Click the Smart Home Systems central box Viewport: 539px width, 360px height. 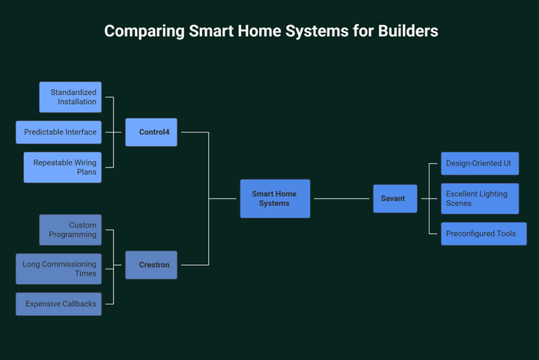click(x=274, y=198)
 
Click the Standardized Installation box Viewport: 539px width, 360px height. click(x=70, y=97)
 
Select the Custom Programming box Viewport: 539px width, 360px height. click(x=70, y=230)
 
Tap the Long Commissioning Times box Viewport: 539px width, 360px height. click(x=58, y=269)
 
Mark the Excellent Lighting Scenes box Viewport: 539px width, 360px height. click(x=479, y=198)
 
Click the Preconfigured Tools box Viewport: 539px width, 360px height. click(x=479, y=234)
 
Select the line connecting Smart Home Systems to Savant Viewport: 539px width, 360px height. click(x=341, y=198)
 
